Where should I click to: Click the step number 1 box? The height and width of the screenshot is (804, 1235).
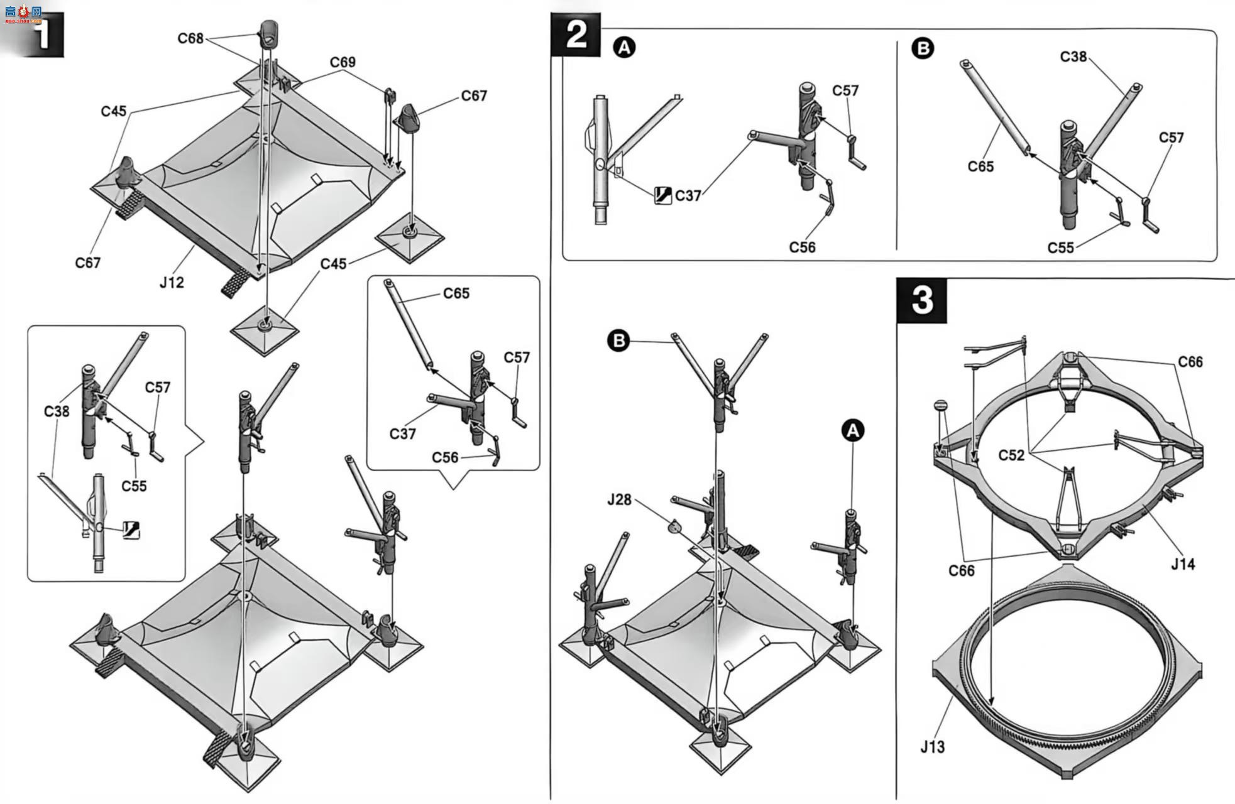41,35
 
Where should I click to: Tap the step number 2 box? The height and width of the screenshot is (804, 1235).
575,34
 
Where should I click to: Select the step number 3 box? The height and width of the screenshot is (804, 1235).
921,300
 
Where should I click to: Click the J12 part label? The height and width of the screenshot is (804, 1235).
172,282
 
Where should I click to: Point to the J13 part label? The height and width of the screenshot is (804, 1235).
932,746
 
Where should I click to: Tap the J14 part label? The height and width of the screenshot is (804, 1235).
1182,563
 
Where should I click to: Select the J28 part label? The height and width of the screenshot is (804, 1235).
619,499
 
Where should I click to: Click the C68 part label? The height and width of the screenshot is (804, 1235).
190,38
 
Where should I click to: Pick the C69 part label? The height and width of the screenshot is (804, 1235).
343,62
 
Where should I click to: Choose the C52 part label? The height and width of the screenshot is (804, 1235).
1011,455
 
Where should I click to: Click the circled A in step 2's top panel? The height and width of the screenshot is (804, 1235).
624,47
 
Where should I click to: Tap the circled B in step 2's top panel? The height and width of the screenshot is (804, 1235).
923,48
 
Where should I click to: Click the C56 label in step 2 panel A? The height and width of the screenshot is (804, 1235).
802,247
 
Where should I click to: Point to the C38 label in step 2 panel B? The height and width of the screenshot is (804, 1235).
1073,57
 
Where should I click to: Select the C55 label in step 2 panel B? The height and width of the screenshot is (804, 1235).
1061,247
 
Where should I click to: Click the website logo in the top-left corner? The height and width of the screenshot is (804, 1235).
23,14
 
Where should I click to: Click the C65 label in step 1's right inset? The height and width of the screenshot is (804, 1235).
456,293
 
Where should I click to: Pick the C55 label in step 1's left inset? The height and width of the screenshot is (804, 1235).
134,486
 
